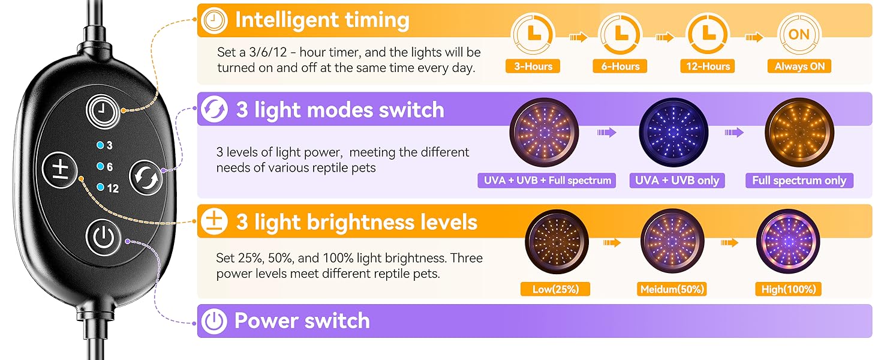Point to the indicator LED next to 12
[100, 188]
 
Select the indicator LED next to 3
[100, 145]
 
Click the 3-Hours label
[533, 67]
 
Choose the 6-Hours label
[620, 67]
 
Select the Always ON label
[799, 67]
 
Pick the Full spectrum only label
[799, 181]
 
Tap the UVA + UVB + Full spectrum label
[546, 181]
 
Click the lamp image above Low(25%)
[555, 241]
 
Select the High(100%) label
[789, 289]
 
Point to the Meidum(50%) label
[672, 289]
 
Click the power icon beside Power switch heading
[214, 322]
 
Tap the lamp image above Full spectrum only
[799, 133]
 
